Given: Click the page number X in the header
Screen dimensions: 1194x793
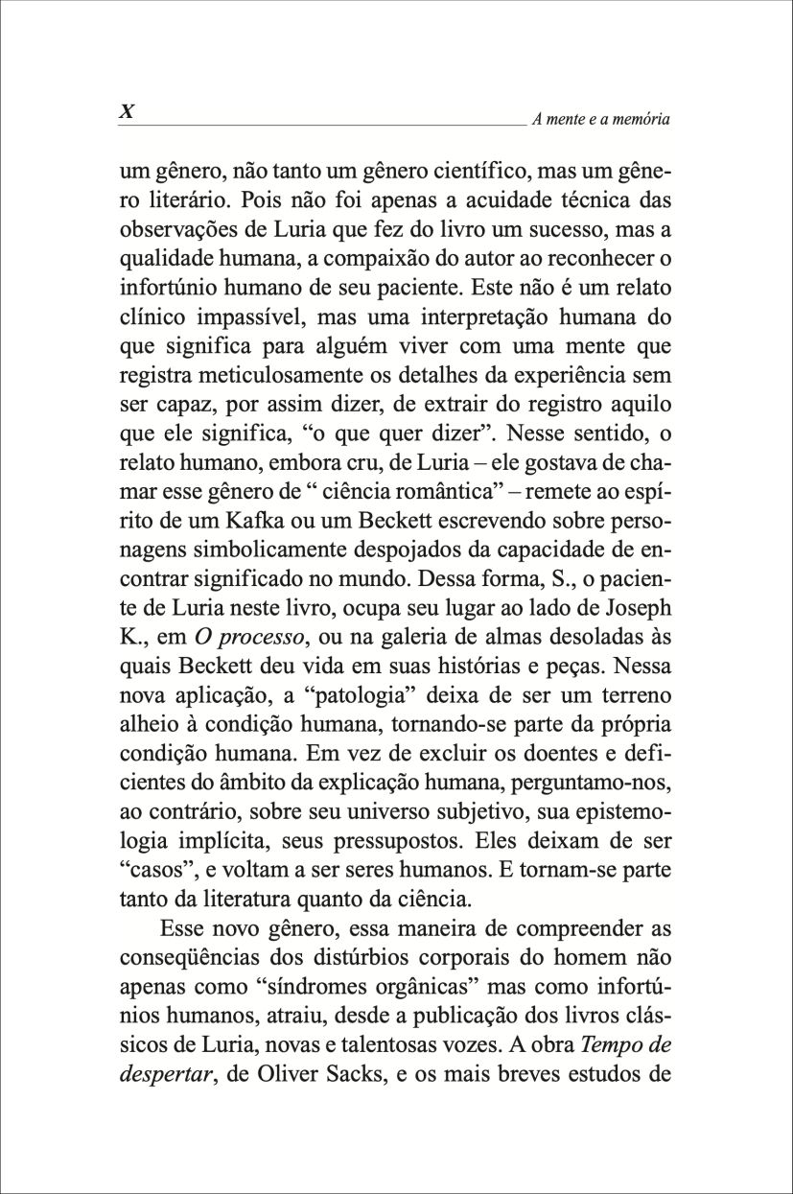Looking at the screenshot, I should click(126, 111).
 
